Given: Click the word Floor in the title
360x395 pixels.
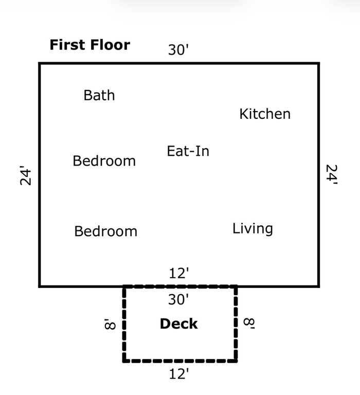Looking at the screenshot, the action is click(x=110, y=45).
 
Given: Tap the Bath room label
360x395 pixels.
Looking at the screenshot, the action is click(x=99, y=95).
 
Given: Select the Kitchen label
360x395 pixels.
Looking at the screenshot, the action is click(x=265, y=114).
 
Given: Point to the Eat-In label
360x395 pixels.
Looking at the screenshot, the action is click(x=188, y=151).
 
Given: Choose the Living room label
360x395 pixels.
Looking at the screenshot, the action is click(x=253, y=229).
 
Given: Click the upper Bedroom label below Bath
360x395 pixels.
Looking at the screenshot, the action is click(x=104, y=160).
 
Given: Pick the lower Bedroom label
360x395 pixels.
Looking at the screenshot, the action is click(x=106, y=231).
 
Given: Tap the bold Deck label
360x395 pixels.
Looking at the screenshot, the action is click(x=178, y=324).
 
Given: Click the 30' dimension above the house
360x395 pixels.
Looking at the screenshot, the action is click(x=178, y=49).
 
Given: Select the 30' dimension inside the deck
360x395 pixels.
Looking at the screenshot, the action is click(x=178, y=299).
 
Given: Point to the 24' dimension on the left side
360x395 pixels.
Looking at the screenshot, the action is click(x=25, y=175).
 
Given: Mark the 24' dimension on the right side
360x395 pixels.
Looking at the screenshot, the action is click(x=332, y=175).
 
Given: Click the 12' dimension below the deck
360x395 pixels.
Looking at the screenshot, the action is click(x=179, y=374).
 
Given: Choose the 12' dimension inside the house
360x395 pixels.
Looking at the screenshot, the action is click(x=179, y=273).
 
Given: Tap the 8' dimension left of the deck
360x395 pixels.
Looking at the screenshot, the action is click(x=110, y=324).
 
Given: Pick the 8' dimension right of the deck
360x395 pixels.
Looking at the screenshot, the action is click(x=249, y=324).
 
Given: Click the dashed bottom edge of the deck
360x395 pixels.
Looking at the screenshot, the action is click(x=180, y=361).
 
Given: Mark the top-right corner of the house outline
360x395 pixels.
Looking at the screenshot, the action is click(x=319, y=63).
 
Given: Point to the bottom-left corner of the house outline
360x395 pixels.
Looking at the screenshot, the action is click(x=40, y=286).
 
